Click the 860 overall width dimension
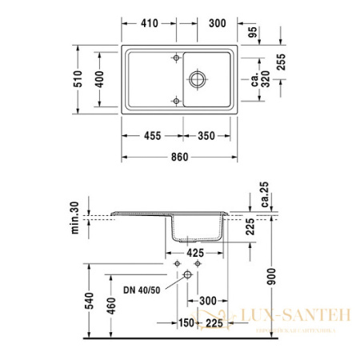179,157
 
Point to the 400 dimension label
100,79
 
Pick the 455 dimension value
150,135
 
